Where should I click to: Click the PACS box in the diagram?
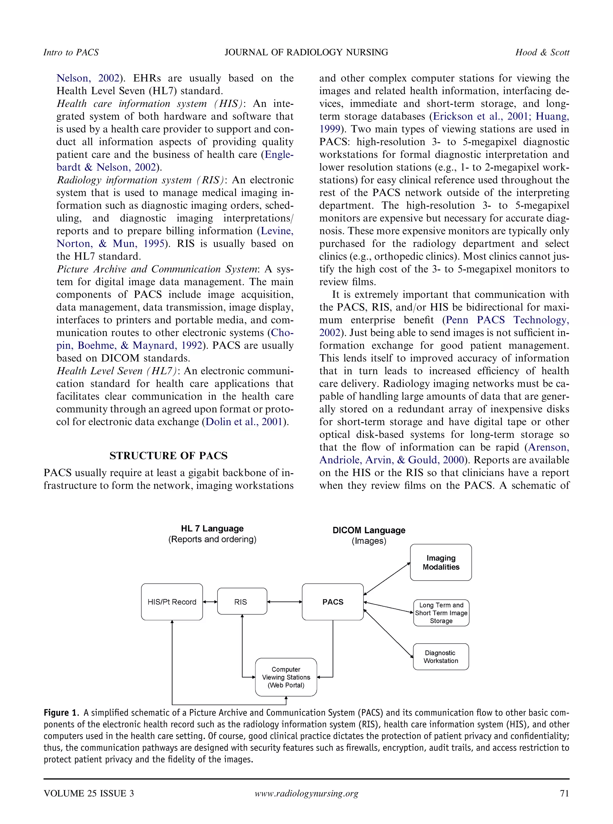[333, 602]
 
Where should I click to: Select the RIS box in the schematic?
[242, 602]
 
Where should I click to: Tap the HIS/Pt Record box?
[172, 602]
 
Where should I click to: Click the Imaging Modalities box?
[441, 562]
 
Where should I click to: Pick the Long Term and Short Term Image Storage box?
[441, 613]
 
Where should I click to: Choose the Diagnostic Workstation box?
[441, 657]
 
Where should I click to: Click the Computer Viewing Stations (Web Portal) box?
[286, 677]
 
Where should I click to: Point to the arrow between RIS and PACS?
[285, 602]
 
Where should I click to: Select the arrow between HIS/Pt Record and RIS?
[210, 602]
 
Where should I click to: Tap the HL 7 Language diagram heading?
[212, 528]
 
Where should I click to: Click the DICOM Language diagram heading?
[369, 530]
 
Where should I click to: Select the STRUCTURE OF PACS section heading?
[169, 455]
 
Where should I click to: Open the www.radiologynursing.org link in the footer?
[306, 793]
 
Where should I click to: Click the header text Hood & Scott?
[542, 52]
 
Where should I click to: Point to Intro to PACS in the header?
[71, 52]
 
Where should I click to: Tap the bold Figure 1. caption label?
[61, 712]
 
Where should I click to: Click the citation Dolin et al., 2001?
[244, 422]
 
